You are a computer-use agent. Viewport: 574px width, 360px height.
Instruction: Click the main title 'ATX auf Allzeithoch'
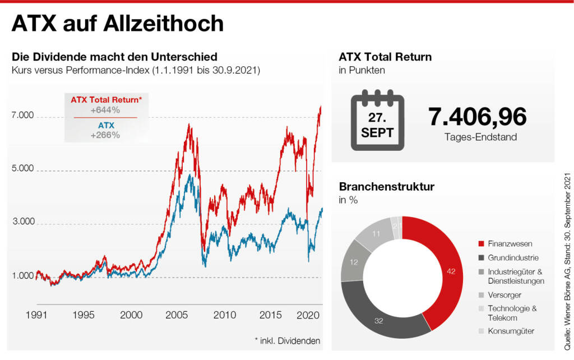pos(118,24)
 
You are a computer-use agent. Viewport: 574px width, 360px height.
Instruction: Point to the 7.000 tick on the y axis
pos(23,116)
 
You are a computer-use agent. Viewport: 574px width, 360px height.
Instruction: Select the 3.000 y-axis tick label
pos(23,222)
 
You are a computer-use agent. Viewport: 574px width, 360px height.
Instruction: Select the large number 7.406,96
pos(477,117)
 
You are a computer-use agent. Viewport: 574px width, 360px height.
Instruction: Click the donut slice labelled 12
pos(355,261)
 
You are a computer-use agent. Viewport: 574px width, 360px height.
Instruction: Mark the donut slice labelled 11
pos(375,233)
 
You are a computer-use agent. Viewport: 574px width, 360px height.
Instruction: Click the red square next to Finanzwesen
pos(480,244)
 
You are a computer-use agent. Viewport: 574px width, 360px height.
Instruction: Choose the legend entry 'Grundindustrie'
pos(513,258)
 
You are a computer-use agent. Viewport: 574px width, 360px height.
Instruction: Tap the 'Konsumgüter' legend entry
pos(511,331)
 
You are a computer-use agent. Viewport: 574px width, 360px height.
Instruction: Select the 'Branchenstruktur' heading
pos(386,187)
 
